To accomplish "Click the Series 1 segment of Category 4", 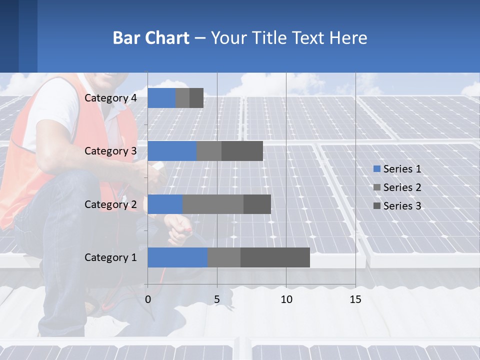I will tap(161, 98).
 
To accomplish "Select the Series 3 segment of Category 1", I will tap(275, 257).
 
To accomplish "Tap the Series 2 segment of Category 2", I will tap(213, 204).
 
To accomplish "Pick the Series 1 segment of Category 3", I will tap(172, 151).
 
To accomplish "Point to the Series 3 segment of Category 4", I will tap(196, 98).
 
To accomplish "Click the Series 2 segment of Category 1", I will tap(224, 257).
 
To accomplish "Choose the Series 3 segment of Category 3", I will tap(242, 151).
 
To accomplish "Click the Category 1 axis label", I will tap(110, 257).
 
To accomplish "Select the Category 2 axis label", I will tap(110, 204).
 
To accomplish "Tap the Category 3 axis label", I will tap(110, 151).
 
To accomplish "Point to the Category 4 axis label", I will tap(110, 98).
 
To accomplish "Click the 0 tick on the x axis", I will tap(148, 299).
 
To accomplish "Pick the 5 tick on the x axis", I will tap(217, 299).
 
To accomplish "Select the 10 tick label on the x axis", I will tap(286, 299).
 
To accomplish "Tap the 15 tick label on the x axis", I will tap(355, 299).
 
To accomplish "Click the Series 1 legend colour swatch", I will tap(377, 169).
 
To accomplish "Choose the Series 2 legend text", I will tap(402, 187).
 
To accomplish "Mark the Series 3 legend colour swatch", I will tap(377, 206).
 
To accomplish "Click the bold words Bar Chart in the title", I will tap(151, 38).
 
